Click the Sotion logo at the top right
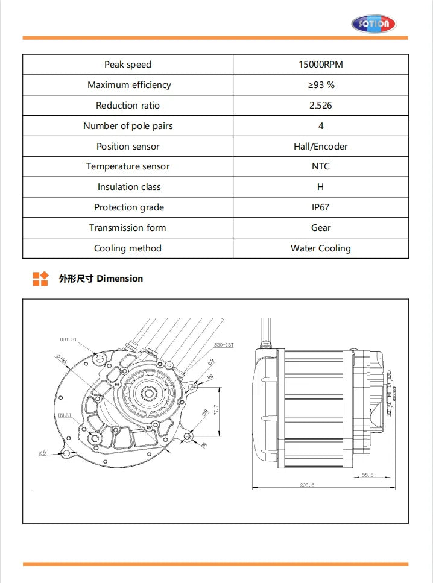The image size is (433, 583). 374,24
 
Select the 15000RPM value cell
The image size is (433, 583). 320,65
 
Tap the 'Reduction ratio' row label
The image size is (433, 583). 128,106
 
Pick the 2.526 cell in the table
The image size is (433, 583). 320,106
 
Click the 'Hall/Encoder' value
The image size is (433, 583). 320,147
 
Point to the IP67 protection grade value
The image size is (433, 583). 320,207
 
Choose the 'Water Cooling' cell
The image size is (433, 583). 320,248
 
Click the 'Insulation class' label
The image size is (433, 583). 128,187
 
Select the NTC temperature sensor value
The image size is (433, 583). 320,166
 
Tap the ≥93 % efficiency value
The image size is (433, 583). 320,85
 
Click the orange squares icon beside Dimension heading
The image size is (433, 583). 40,279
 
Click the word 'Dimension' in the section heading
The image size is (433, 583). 119,279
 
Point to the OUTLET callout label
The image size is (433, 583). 68,339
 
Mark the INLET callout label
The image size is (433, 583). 65,415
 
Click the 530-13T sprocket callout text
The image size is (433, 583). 223,345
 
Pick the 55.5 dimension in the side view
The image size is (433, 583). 367,475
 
